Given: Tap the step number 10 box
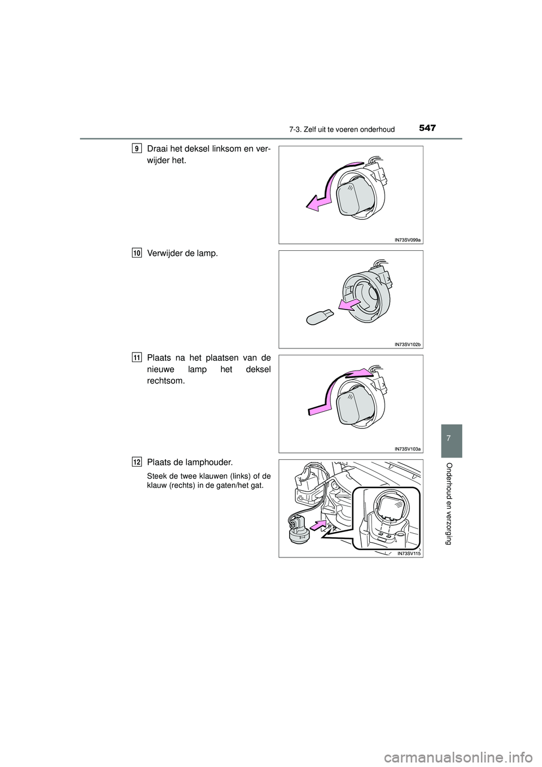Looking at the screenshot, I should point(137,254).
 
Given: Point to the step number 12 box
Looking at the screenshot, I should point(137,463).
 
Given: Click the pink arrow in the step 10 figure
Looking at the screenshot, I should point(348,305).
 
